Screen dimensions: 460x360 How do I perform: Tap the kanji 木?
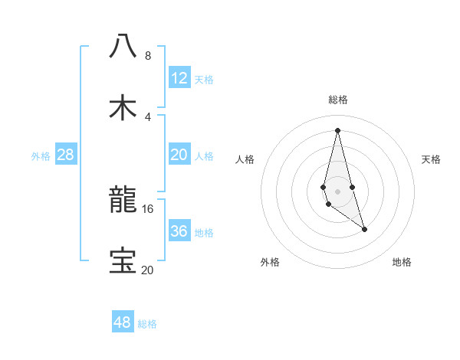click(123, 107)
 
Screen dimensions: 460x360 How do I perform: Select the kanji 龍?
click(123, 201)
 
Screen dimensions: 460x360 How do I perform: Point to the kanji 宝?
click(123, 261)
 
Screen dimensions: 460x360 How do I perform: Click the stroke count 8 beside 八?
click(148, 56)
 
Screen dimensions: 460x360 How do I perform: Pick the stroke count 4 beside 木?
click(148, 117)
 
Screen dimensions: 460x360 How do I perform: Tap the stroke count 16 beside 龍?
click(148, 208)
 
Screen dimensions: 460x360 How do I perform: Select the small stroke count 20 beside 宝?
click(147, 270)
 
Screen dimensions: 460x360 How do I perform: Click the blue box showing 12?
click(179, 78)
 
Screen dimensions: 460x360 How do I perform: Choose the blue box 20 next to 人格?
click(179, 155)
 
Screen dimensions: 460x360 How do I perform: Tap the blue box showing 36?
click(179, 231)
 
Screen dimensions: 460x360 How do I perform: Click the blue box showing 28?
click(65, 155)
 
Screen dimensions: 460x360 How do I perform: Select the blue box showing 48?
click(123, 322)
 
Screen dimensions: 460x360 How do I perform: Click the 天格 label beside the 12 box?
click(204, 79)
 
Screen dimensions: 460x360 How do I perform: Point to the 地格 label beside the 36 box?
click(204, 232)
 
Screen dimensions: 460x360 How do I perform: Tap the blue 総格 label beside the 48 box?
click(147, 323)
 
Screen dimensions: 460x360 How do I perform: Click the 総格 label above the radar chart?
click(337, 100)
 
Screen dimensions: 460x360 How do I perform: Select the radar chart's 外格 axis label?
click(270, 262)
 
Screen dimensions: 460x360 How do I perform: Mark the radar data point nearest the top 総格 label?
click(337, 129)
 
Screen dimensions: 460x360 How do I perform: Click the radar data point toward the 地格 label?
click(364, 229)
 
